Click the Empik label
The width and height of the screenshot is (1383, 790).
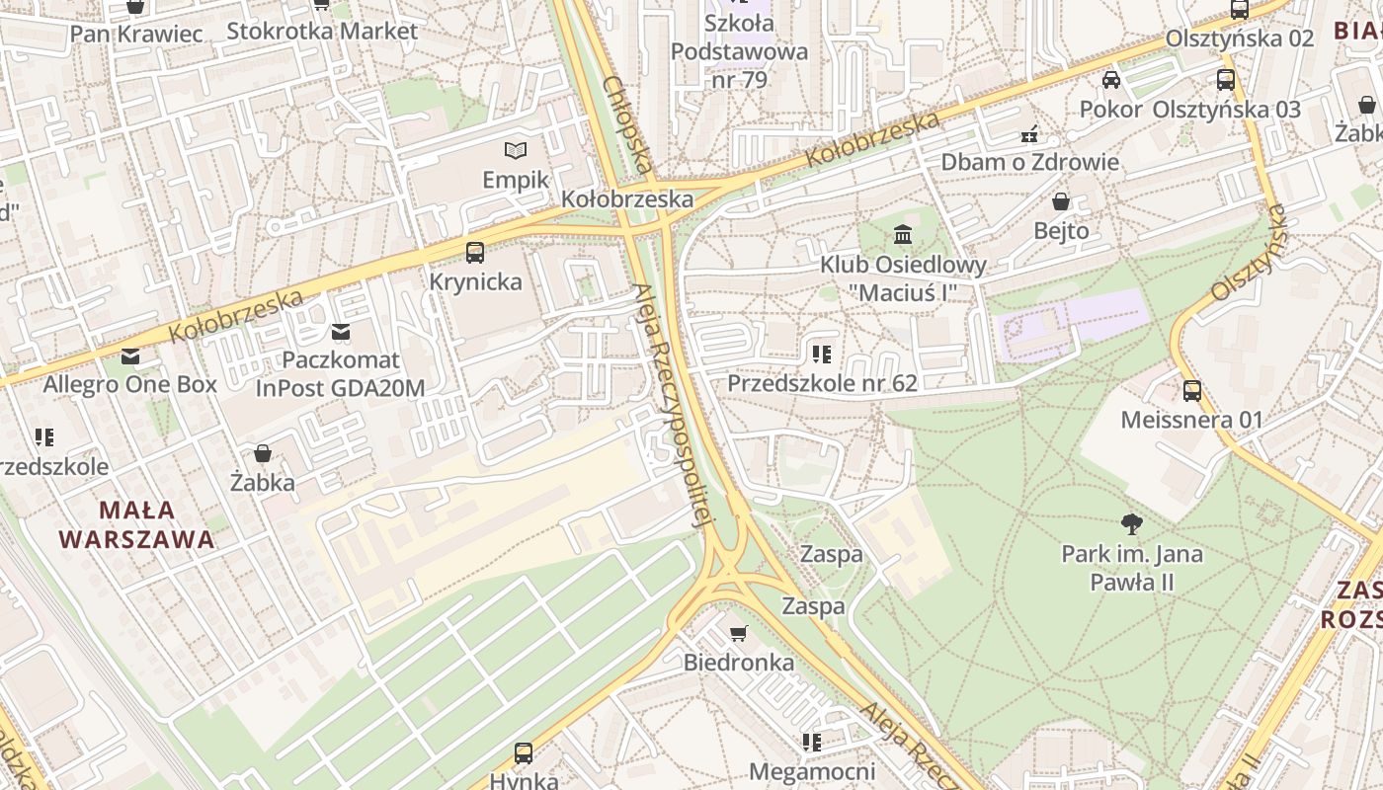pyautogui.click(x=516, y=180)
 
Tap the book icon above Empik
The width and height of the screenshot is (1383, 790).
pyautogui.click(x=516, y=151)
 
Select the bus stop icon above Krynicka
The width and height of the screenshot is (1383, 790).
pyautogui.click(x=475, y=253)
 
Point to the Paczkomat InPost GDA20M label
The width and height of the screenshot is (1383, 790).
pyautogui.click(x=341, y=374)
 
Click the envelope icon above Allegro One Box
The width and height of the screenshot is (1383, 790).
pyautogui.click(x=130, y=356)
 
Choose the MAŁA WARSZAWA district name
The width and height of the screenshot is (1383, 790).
pyautogui.click(x=136, y=525)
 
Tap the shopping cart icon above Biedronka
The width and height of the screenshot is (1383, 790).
pyautogui.click(x=738, y=633)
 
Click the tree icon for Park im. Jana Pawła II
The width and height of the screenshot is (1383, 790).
pyautogui.click(x=1132, y=524)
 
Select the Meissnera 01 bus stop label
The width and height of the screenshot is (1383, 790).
pyautogui.click(x=1191, y=420)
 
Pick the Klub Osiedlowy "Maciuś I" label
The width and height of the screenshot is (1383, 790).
pyautogui.click(x=903, y=278)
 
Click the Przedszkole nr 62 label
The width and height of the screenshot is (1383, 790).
pyautogui.click(x=822, y=383)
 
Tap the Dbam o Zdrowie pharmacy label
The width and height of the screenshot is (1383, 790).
pyautogui.click(x=1029, y=162)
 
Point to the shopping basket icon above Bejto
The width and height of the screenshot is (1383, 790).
pyautogui.click(x=1061, y=202)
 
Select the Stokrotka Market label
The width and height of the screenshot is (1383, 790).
pyautogui.click(x=322, y=31)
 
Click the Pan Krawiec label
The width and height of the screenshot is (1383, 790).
pyautogui.click(x=136, y=34)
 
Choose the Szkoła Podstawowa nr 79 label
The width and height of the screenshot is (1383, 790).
pyautogui.click(x=739, y=51)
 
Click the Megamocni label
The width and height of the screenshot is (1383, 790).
pyautogui.click(x=812, y=771)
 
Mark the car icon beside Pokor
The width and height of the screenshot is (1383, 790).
pyautogui.click(x=1111, y=80)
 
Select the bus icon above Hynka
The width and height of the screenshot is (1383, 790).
pyautogui.click(x=524, y=753)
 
